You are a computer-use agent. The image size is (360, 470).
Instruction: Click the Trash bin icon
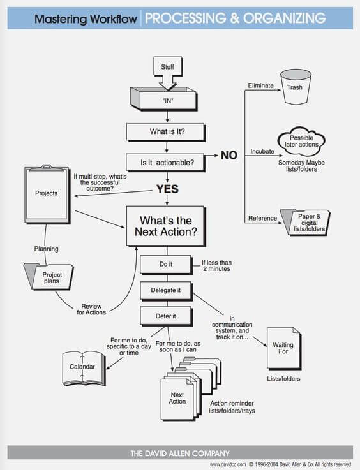pyautogui.click(x=296, y=88)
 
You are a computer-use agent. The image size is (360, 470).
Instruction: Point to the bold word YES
pyautogui.click(x=167, y=189)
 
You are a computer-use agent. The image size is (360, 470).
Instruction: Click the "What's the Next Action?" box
pyautogui.click(x=166, y=226)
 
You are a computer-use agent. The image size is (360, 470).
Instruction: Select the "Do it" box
pyautogui.click(x=165, y=263)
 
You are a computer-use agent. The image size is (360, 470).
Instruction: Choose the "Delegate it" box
pyautogui.click(x=165, y=290)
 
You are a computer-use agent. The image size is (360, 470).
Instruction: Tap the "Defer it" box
pyautogui.click(x=165, y=316)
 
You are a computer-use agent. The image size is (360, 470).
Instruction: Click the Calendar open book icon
pyautogui.click(x=83, y=366)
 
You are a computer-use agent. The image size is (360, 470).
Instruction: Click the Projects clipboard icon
pyautogui.click(x=47, y=194)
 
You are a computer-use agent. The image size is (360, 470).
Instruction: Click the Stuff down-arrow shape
pyautogui.click(x=167, y=70)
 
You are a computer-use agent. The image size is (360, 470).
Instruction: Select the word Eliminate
pyautogui.click(x=260, y=85)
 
